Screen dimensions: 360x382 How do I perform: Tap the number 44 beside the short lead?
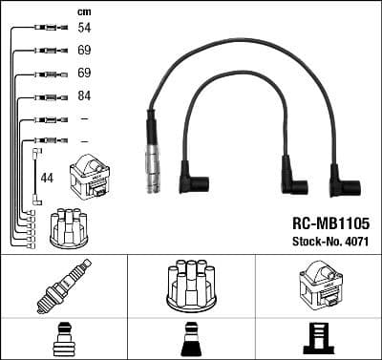[46, 178]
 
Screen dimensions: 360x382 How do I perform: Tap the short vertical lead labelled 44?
[36, 177]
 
